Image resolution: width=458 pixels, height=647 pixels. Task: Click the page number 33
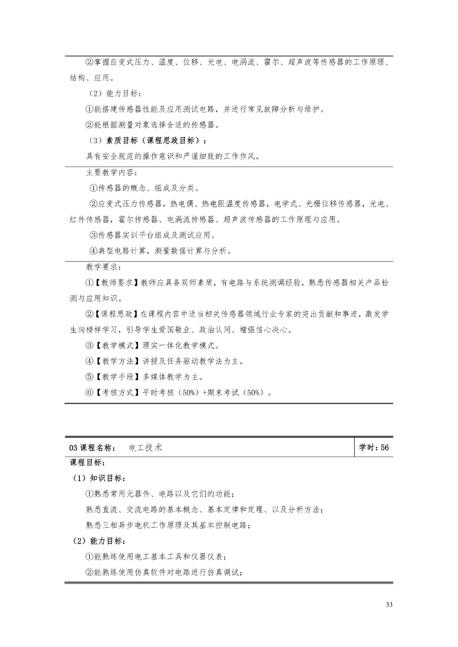click(x=389, y=605)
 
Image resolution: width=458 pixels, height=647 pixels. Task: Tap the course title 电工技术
click(x=146, y=448)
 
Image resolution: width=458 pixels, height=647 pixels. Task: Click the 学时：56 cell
click(x=373, y=447)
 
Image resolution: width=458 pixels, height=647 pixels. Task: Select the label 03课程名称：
click(x=93, y=448)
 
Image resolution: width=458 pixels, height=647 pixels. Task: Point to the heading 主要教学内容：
click(x=111, y=173)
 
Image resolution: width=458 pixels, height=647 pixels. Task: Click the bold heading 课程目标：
click(x=88, y=462)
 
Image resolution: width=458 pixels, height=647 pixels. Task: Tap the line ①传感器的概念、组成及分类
click(x=144, y=188)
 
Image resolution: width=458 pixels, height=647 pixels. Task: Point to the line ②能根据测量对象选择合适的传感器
click(x=152, y=125)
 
